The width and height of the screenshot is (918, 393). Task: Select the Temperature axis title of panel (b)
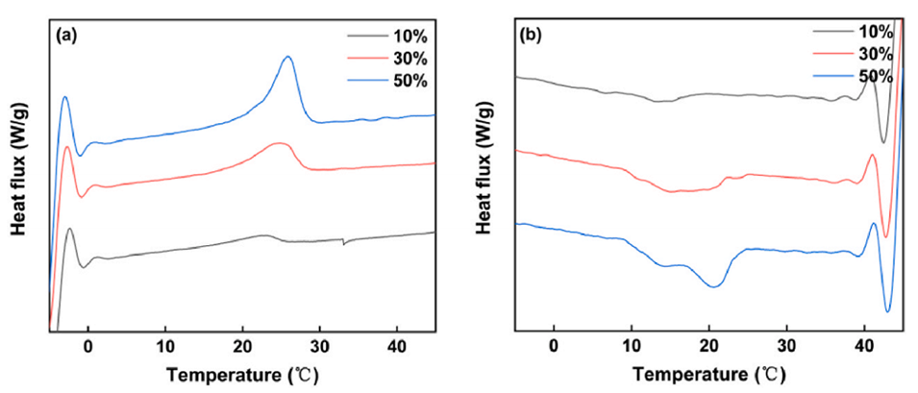[x=712, y=373]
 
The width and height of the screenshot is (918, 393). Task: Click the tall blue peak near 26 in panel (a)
[x=287, y=58]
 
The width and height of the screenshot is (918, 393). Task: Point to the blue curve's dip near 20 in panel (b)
[x=712, y=285]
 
